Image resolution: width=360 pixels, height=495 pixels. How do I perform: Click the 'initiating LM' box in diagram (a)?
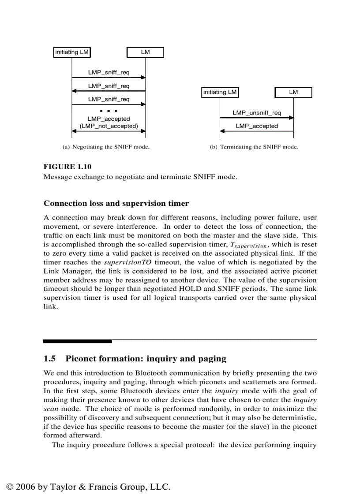72,52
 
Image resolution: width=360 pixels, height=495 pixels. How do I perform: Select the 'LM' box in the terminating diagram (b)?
293,93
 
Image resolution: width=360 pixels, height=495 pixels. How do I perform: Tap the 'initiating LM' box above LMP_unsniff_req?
220,93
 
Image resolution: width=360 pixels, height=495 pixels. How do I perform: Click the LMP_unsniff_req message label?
257,113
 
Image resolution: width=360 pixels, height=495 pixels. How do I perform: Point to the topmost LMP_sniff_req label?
109,73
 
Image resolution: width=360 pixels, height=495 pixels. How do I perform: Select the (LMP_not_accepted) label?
109,126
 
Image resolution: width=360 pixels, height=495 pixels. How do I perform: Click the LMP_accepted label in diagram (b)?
257,126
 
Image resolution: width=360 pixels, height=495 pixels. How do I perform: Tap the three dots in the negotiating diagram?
109,110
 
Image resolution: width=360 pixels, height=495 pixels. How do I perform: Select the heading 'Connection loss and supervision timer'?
116,204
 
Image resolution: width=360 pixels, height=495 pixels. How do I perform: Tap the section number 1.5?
49,358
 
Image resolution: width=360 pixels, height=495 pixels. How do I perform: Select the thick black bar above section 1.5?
78,341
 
